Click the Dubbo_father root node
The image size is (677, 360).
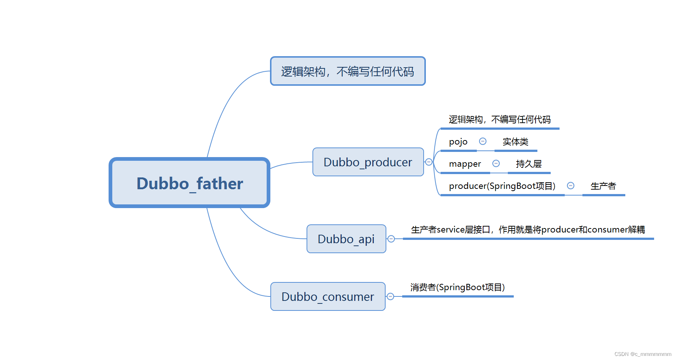pos(189,183)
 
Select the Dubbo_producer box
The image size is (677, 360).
pos(368,162)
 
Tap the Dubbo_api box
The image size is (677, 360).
pos(346,239)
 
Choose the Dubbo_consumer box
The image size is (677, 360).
pos(328,297)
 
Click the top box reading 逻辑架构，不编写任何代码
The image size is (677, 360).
pos(348,71)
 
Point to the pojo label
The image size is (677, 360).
pos(458,142)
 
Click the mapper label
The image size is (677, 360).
pos(465,164)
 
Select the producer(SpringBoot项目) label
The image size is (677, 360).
pos(502,186)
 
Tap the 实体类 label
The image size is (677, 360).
pos(515,142)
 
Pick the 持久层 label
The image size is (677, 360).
pos(529,164)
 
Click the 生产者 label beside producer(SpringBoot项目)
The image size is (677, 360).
pos(603,186)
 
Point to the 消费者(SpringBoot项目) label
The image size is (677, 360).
pos(457,288)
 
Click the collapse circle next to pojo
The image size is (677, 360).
pos(483,141)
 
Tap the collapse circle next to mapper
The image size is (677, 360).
pos(496,163)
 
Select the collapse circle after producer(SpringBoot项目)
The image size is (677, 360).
pos(571,186)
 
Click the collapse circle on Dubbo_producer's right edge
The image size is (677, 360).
pos(429,162)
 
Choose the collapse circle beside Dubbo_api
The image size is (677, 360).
pos(391,239)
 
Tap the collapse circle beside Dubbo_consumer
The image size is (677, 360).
pos(390,296)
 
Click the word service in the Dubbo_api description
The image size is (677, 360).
pos(451,230)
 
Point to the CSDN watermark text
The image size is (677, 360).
pos(642,354)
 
